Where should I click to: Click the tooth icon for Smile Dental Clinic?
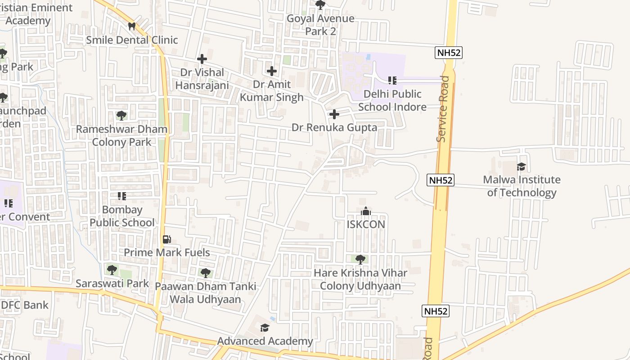[132, 27]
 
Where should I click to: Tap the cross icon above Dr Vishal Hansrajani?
[202, 58]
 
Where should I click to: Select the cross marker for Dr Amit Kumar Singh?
[272, 71]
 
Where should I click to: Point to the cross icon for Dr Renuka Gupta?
[334, 114]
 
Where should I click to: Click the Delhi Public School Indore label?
[392, 100]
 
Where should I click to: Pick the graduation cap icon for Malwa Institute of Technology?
[522, 166]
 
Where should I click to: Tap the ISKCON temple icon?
[366, 211]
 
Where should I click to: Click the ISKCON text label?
[366, 224]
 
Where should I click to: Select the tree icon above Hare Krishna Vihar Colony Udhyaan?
[360, 259]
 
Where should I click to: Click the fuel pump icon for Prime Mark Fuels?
[166, 239]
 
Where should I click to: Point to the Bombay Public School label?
[122, 216]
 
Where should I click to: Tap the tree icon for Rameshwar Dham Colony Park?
[121, 116]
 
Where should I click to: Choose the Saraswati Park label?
[112, 283]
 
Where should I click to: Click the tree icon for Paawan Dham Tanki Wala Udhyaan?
[205, 273]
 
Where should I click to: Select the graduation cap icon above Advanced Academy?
[265, 328]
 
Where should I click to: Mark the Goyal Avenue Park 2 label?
[320, 25]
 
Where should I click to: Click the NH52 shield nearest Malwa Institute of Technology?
[441, 180]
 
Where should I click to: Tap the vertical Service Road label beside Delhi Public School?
[443, 109]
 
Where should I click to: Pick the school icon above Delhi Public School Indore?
[392, 81]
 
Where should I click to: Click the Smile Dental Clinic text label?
[132, 40]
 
